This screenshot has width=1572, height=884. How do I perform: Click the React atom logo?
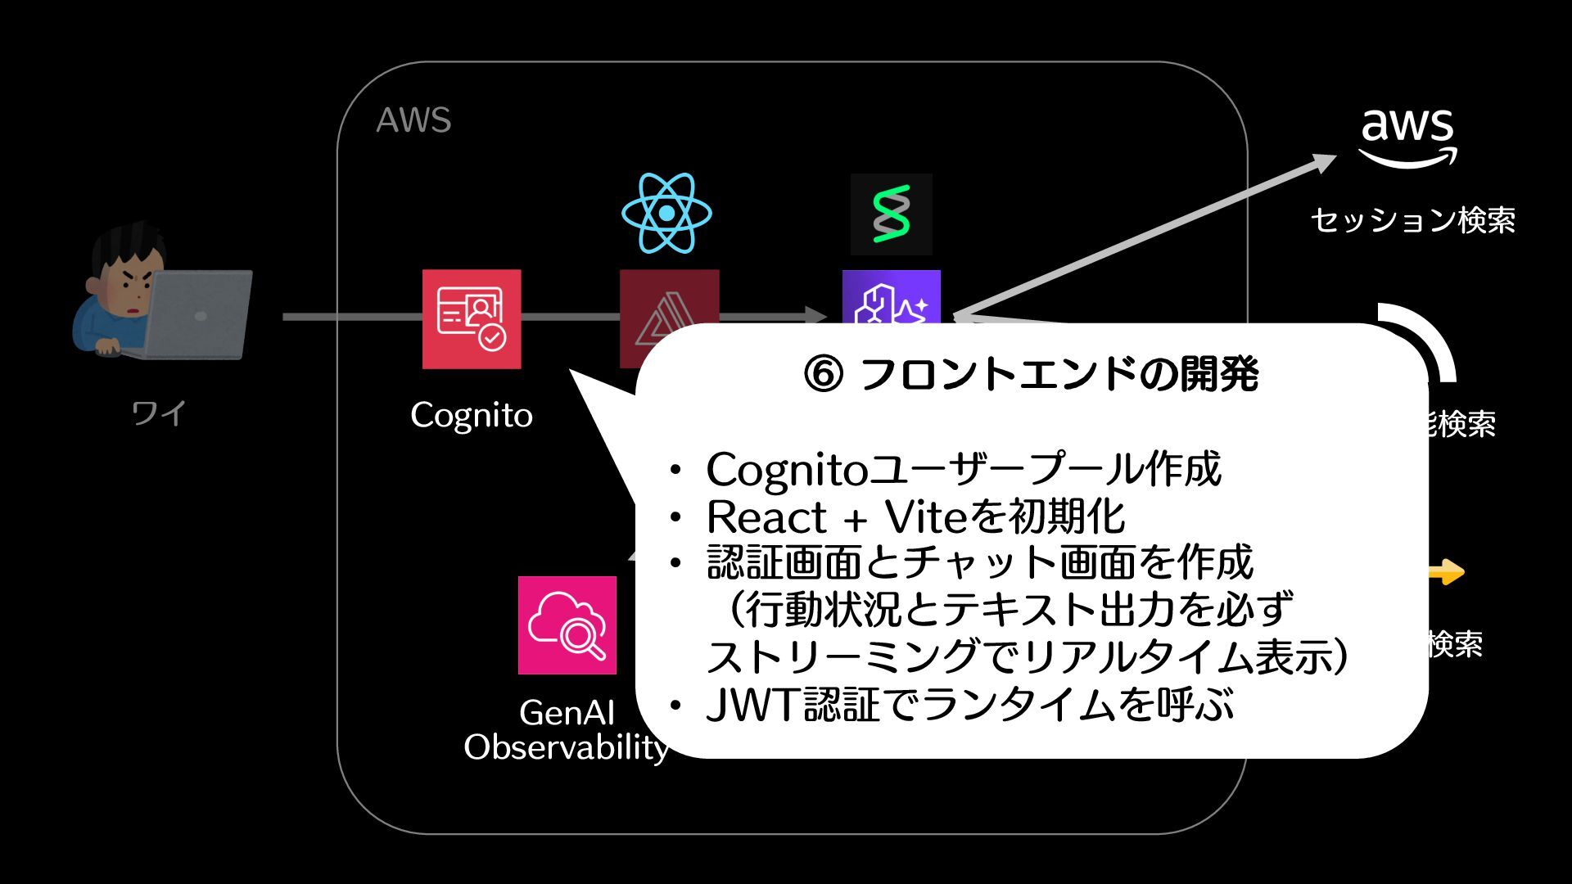point(666,213)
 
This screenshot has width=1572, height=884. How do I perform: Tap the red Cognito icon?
point(472,319)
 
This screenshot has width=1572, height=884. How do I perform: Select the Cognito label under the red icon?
point(472,415)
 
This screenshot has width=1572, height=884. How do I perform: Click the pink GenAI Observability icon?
point(567,625)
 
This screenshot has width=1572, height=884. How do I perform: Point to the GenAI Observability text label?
point(567,730)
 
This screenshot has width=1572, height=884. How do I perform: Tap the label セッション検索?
point(1412,220)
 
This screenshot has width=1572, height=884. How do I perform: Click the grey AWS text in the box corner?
point(413,120)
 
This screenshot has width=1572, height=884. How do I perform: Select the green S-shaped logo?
point(891,214)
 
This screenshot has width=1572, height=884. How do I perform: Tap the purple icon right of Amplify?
point(891,298)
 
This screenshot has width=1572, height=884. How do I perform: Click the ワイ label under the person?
point(159,413)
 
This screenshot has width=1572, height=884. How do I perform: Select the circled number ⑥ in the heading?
point(824,375)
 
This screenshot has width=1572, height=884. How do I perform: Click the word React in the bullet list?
point(766,517)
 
